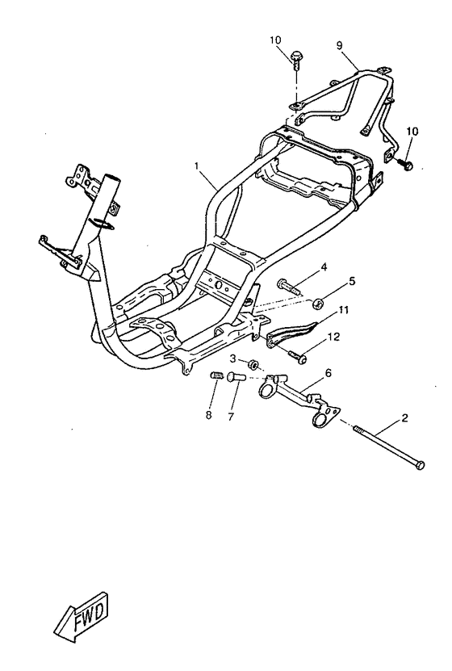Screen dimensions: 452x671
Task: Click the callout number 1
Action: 197,166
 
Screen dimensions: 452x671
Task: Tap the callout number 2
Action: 404,417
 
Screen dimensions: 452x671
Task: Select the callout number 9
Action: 339,45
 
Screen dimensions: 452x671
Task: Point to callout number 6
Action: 328,373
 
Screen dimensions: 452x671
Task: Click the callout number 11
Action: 344,309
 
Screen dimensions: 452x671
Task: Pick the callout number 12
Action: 333,337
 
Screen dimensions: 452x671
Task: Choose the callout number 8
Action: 209,415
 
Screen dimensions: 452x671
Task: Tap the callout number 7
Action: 232,416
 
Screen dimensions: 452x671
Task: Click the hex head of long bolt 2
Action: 420,465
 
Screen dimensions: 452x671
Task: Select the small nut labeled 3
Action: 253,365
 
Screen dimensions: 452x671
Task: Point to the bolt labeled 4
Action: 289,287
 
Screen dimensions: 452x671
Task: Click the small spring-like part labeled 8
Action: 217,375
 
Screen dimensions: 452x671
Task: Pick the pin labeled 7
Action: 235,377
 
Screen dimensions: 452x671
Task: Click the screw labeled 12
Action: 297,356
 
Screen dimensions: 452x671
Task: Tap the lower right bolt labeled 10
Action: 404,163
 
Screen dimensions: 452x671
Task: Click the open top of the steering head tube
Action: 111,176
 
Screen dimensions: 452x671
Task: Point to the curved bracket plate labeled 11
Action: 291,331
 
